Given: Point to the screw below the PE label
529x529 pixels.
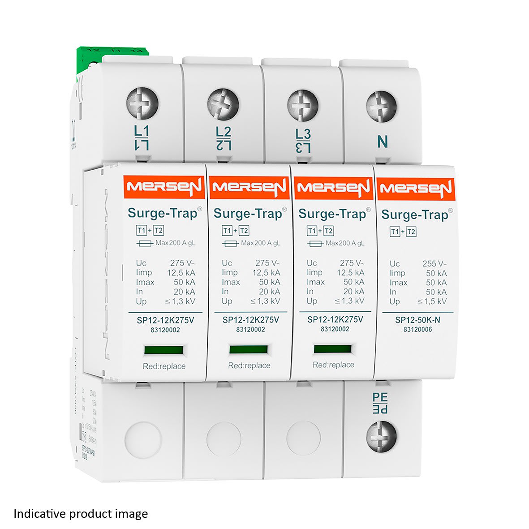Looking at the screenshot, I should click(382, 436).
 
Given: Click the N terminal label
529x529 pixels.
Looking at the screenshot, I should click(382, 142).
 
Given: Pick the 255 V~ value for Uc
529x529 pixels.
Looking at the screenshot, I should click(434, 264).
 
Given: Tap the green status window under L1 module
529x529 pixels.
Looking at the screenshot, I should click(163, 350).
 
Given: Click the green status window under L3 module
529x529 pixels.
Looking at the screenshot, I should click(332, 349).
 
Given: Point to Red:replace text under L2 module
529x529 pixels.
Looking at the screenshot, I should click(249, 366).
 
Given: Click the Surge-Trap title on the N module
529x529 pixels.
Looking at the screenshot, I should click(414, 215).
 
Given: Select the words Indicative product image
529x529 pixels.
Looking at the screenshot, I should click(81, 513).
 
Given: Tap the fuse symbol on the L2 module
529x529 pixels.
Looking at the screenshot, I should click(230, 243).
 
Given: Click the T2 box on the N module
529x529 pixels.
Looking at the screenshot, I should click(411, 232).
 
